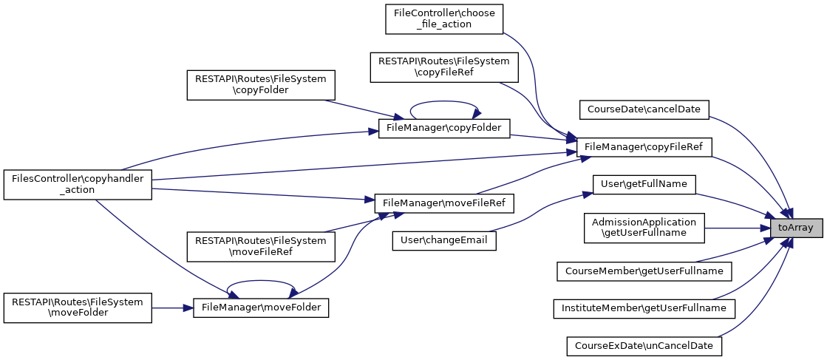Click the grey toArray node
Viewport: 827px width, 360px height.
coord(795,228)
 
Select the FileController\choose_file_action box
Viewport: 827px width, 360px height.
coord(444,18)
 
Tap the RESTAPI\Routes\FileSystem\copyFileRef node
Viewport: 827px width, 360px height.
coord(444,67)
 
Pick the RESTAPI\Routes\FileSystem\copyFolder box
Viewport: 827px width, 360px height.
coord(261,85)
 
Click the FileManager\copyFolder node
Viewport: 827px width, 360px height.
coord(444,128)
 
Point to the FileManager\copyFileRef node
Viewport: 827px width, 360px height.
coord(643,147)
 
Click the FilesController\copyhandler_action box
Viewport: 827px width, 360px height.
coord(78,184)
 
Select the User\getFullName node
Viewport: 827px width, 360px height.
coord(644,183)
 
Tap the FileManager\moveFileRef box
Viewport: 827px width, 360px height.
coord(444,202)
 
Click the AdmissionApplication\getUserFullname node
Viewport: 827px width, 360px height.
coord(644,228)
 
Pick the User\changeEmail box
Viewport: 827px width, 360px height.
coord(444,240)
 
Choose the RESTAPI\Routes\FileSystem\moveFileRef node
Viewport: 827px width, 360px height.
coord(261,246)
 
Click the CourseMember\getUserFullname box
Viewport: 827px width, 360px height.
coord(644,271)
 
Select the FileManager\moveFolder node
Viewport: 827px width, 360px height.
coord(261,307)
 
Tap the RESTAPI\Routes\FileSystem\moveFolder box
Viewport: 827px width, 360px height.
coord(78,307)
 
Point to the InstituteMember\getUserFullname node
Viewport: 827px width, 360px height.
coord(644,307)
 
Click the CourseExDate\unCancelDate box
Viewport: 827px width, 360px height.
coord(644,345)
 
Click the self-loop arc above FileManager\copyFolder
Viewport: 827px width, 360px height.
coord(443,103)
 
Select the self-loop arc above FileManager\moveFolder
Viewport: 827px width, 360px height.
coord(260,282)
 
